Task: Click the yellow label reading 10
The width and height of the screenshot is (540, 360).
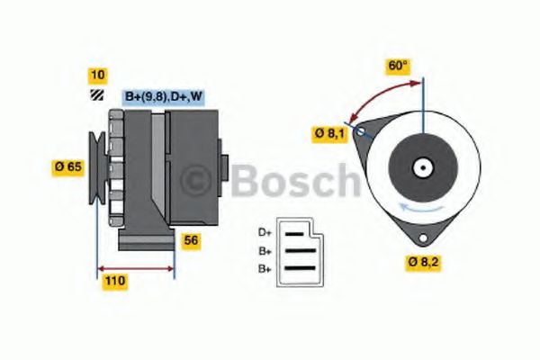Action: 96,75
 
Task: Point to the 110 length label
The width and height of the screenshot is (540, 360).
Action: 114,282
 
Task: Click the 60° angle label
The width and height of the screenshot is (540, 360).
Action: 398,66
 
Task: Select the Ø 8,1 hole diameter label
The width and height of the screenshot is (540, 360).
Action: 329,134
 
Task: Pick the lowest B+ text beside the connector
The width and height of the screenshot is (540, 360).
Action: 265,268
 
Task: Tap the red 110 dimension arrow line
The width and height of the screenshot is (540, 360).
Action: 135,268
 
